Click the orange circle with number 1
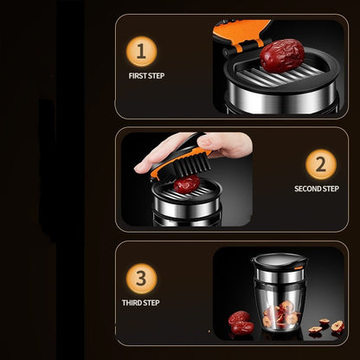click(141, 53)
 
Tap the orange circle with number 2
click(320, 164)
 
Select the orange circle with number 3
click(141, 279)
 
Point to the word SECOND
click(307, 189)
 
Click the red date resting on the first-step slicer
click(281, 55)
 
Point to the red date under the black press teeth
click(187, 183)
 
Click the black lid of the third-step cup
click(279, 259)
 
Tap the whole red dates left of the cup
click(240, 322)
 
